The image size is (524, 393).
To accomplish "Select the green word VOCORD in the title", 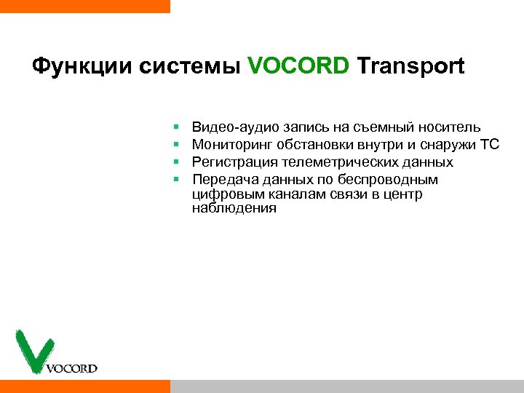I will [298, 67].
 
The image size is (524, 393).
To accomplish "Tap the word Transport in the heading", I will [410, 67].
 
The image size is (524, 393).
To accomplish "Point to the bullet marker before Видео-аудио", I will [176, 129].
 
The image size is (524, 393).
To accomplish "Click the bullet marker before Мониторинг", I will [176, 146].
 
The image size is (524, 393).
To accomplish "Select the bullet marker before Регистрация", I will [176, 162].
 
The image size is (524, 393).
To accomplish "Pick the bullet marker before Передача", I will [176, 179].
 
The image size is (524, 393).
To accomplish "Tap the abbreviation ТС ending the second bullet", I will [489, 145].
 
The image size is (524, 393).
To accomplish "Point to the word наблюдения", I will [234, 208].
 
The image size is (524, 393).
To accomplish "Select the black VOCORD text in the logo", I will [71, 368].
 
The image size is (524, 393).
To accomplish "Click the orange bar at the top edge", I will [84, 6].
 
